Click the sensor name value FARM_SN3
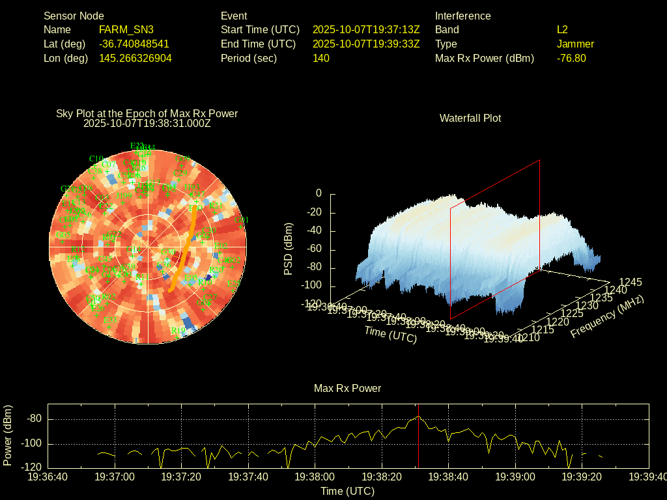(x=126, y=29)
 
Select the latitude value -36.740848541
(x=134, y=44)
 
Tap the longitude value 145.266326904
(x=135, y=58)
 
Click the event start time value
(x=366, y=29)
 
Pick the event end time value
(x=366, y=44)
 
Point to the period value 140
(x=321, y=58)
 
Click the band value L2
(x=562, y=29)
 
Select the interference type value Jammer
(x=575, y=44)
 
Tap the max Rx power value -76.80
(x=571, y=58)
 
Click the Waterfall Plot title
(x=470, y=118)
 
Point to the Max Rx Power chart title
(x=347, y=388)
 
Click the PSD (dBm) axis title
(x=289, y=249)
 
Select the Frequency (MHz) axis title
(x=607, y=316)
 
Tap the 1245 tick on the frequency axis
(x=631, y=282)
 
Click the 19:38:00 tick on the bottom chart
(x=315, y=477)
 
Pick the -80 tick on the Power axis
(x=35, y=419)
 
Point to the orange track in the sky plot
(x=184, y=247)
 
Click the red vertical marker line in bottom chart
(x=418, y=443)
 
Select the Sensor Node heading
(x=74, y=16)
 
